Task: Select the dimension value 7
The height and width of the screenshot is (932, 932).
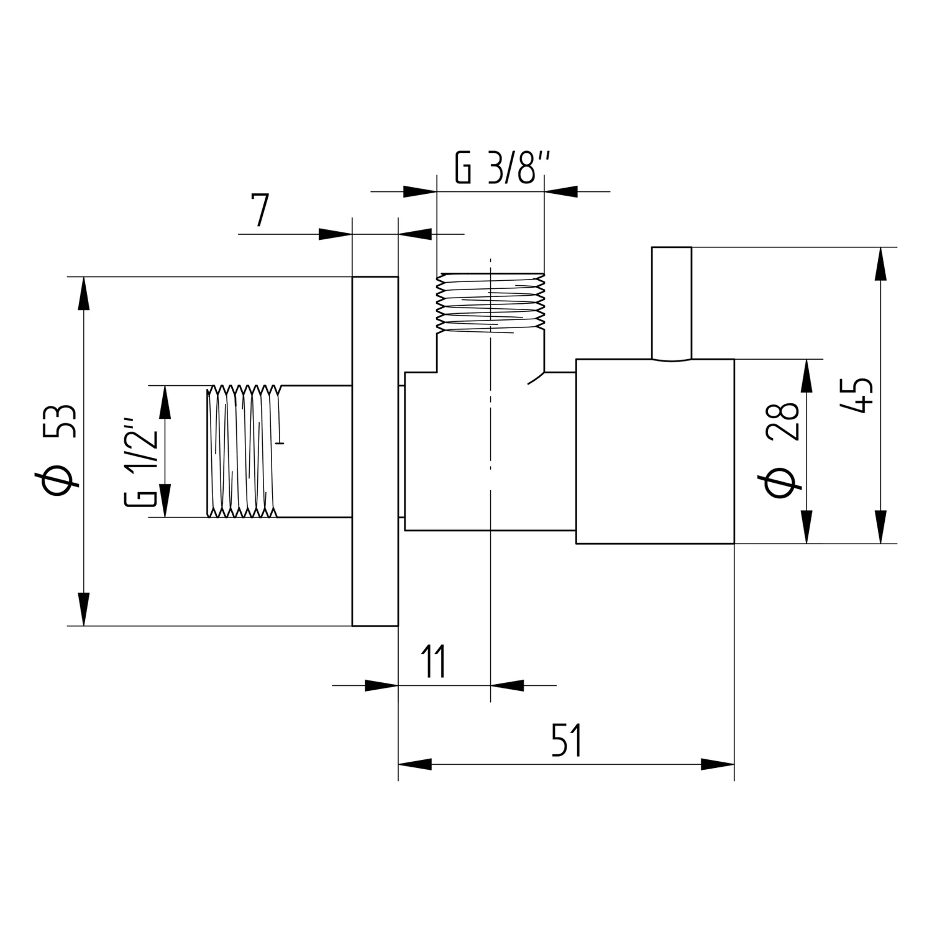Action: (x=260, y=211)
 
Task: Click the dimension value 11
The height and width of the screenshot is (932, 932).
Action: (x=434, y=662)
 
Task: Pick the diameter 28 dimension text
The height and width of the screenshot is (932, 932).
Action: (x=782, y=449)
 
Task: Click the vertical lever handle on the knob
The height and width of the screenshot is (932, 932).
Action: (x=671, y=303)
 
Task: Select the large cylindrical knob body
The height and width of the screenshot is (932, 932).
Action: (x=655, y=452)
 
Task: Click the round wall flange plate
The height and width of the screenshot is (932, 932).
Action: (x=375, y=451)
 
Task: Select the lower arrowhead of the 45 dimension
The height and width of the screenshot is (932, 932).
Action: (x=880, y=527)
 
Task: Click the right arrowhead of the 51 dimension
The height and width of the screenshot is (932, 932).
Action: (x=717, y=764)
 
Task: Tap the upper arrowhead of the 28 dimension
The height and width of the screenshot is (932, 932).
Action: (x=806, y=376)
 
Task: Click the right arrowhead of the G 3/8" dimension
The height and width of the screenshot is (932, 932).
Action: (x=562, y=191)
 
